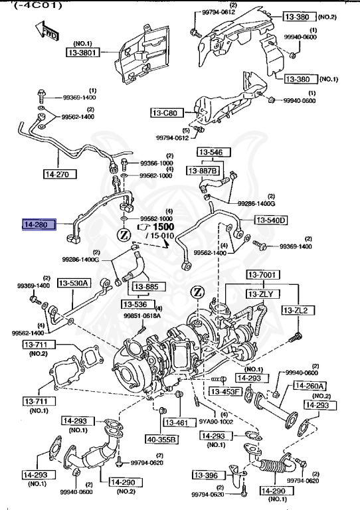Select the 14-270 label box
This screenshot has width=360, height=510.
tap(58, 175)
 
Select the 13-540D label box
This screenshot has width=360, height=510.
tap(270, 220)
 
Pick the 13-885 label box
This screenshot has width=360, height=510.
tap(146, 288)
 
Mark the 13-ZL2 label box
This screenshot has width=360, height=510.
tap(298, 310)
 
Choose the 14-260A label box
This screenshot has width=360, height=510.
tap(311, 386)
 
